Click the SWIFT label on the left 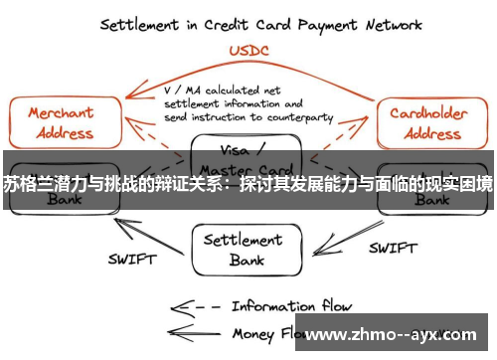(x=130, y=261)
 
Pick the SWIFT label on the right (x=392, y=248)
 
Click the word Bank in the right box (x=431, y=199)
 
